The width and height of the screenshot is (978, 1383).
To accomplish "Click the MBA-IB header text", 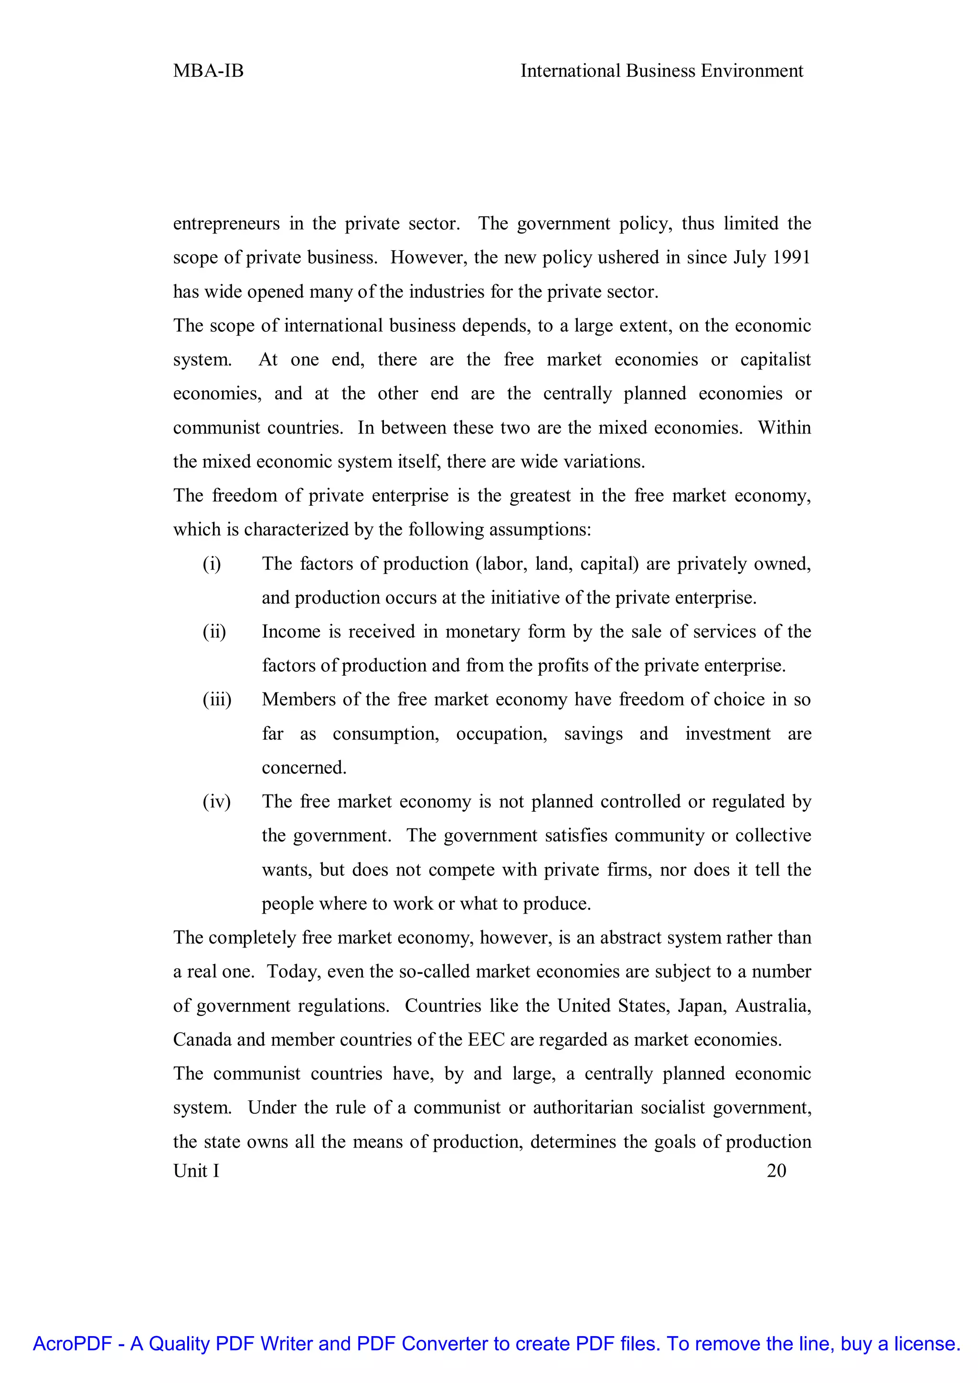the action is tap(208, 71).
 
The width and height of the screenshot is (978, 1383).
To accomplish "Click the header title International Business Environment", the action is tap(661, 71).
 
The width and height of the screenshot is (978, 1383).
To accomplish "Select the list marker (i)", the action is tap(212, 564).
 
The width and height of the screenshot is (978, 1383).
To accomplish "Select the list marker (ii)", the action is tap(214, 632).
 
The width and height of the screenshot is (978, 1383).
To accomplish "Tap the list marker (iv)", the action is tap(216, 802).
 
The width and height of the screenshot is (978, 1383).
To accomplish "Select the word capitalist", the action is tap(775, 360).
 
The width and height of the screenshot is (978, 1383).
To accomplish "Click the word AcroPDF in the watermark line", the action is tap(72, 1344).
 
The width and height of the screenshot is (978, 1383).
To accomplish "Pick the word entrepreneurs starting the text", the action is tap(226, 224).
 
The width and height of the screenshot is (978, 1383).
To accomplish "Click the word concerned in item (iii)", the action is tap(304, 768).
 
